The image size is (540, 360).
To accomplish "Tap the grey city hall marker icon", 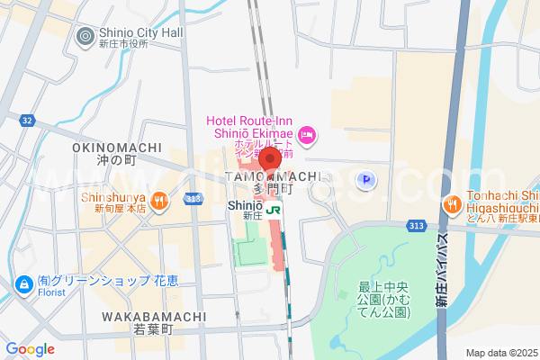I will tap(85, 37).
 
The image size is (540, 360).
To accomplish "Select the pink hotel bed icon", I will tap(306, 136).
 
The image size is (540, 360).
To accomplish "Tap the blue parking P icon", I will tap(366, 181).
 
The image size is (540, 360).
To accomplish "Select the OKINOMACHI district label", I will tap(116, 148).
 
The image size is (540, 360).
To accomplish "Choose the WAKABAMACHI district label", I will tap(148, 317).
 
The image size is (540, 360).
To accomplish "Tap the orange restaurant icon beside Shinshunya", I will tap(158, 201).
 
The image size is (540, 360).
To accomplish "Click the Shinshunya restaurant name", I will tap(112, 196).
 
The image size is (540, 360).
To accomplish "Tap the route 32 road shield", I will tap(27, 120).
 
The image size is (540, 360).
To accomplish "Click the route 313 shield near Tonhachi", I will tap(418, 225).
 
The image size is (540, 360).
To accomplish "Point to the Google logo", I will tap(30, 349).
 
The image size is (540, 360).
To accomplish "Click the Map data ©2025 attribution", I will tap(500, 352).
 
